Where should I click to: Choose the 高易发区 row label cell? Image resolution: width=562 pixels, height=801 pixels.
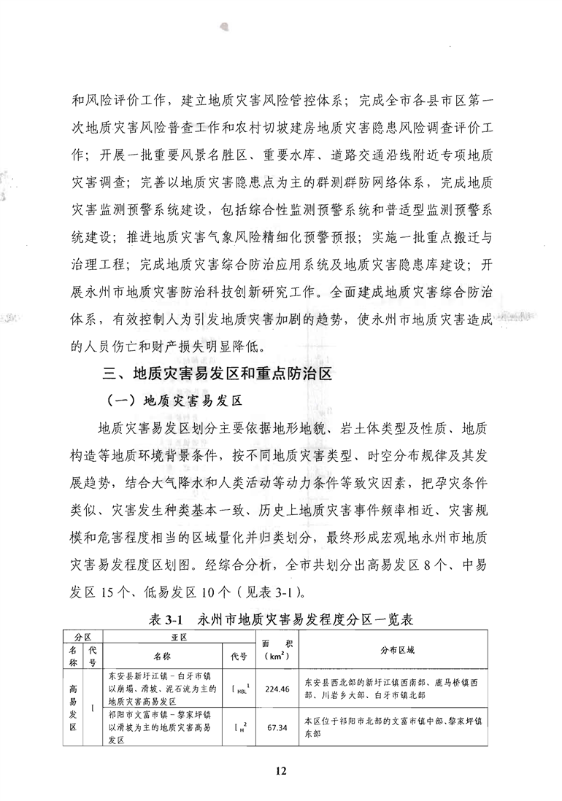click(x=74, y=707)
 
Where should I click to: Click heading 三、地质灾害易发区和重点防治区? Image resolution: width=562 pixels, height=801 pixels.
click(x=218, y=375)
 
